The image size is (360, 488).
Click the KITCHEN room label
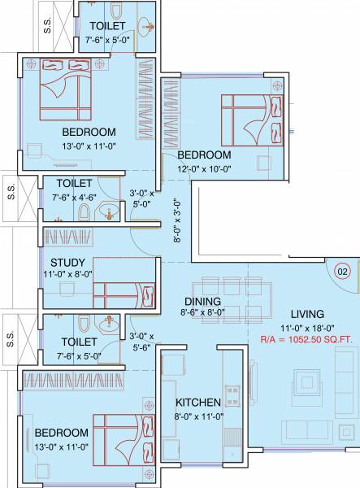pos(198,403)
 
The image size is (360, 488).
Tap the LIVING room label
pos(306,314)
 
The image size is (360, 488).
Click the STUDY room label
pos(63,262)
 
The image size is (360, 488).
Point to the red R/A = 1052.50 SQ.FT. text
pos(306,341)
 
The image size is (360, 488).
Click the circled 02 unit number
pos(342,271)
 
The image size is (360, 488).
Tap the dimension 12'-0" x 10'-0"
pos(205,169)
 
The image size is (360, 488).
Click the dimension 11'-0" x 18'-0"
pos(306,328)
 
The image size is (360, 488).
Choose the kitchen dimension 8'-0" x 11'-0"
pos(199,416)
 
